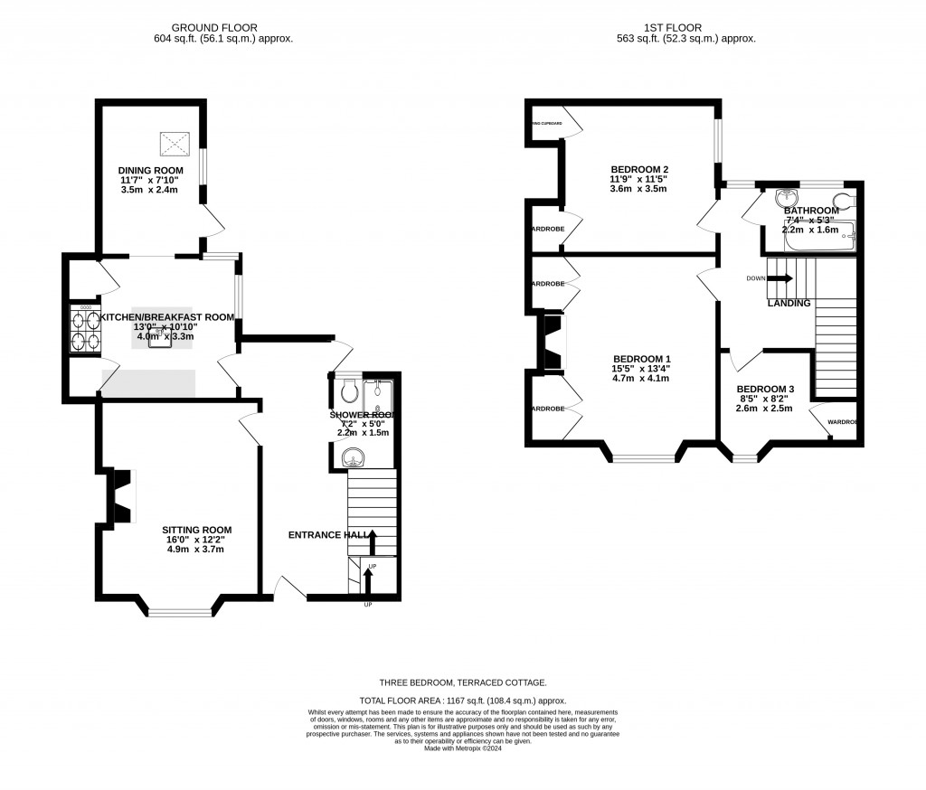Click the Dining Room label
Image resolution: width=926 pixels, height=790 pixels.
[x=150, y=170]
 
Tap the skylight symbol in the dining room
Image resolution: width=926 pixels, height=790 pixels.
[x=175, y=144]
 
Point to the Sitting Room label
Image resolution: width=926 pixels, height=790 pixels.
[x=196, y=530]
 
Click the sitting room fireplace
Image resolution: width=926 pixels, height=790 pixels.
[x=120, y=496]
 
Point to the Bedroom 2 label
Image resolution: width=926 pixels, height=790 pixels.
[x=639, y=170]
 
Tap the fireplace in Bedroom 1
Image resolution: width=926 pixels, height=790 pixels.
[x=551, y=342]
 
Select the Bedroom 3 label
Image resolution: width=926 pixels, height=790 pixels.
[x=765, y=389]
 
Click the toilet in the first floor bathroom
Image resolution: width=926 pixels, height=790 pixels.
[x=844, y=201]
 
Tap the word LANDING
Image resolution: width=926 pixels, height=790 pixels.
[x=789, y=304]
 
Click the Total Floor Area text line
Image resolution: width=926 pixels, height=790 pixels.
[x=463, y=701]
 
